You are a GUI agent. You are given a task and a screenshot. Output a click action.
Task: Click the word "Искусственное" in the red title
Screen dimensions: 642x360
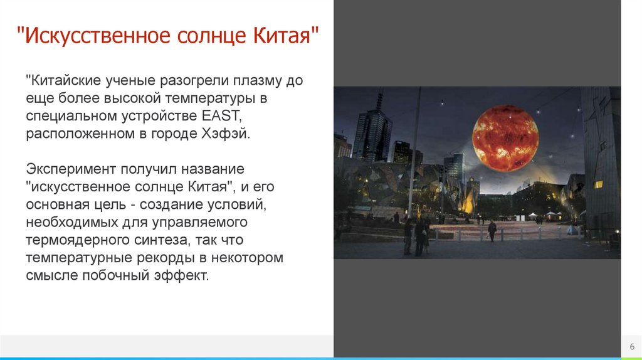97,35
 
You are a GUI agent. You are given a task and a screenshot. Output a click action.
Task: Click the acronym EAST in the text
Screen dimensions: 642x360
220,115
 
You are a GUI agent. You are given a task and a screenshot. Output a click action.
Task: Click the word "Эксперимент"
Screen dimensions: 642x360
71,169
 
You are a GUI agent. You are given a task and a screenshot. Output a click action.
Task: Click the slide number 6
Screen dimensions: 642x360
632,346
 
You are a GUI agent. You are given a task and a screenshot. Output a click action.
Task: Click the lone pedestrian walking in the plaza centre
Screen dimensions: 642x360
492,230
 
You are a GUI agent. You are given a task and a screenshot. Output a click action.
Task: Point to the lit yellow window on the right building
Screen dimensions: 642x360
598,184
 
